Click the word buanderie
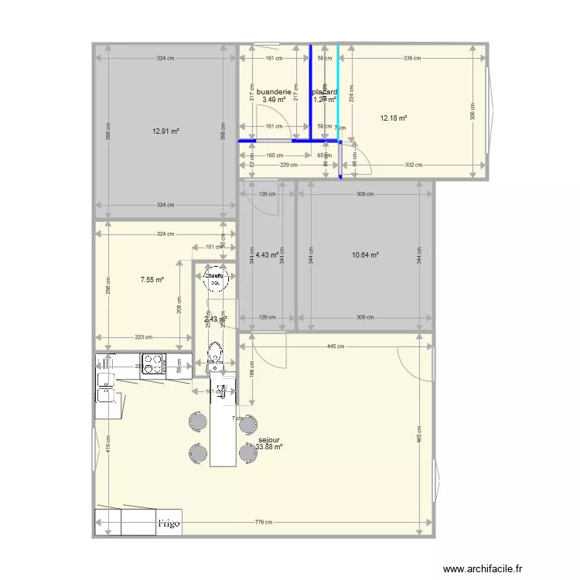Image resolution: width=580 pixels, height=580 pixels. coord(274,92)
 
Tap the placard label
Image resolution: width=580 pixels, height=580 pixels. coord(325,92)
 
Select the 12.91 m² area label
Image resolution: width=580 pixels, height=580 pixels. coord(165,131)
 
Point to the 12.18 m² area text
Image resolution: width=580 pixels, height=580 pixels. coord(394,118)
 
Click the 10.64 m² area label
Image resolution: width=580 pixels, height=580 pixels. coord(365,255)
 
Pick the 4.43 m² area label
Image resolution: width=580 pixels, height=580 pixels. coord(267,255)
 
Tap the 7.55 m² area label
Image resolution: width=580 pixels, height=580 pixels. coord(152,280)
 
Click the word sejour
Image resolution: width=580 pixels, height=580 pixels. coord(269,438)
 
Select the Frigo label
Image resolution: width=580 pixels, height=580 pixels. coord(169,524)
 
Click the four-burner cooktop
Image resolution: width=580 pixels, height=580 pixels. coord(152,364)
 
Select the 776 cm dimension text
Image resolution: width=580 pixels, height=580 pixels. coord(263,523)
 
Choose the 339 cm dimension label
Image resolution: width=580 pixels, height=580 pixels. coord(412,58)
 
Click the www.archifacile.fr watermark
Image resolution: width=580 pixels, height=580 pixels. coord(487,567)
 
